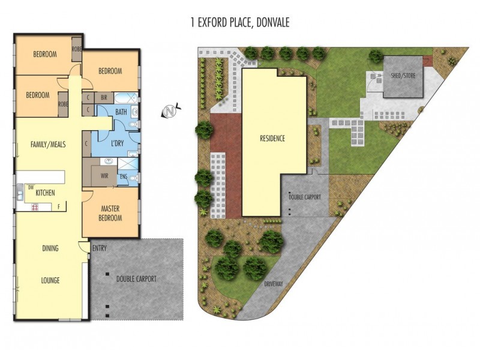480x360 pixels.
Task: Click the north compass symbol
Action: pyautogui.click(x=170, y=112)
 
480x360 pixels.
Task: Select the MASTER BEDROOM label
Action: pyautogui.click(x=110, y=213)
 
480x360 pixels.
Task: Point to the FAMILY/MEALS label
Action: pyautogui.click(x=48, y=144)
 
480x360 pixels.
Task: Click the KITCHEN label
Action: pyautogui.click(x=46, y=193)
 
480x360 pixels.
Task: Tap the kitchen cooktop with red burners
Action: pyautogui.click(x=34, y=208)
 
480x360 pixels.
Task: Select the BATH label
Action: pyautogui.click(x=121, y=112)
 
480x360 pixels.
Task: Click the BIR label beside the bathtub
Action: pyautogui.click(x=103, y=97)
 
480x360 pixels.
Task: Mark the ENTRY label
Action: pyautogui.click(x=99, y=247)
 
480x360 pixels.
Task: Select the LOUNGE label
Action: pyautogui.click(x=50, y=280)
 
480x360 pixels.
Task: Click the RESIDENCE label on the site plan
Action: pyautogui.click(x=272, y=139)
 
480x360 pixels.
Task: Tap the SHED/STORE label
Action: pyautogui.click(x=403, y=76)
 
